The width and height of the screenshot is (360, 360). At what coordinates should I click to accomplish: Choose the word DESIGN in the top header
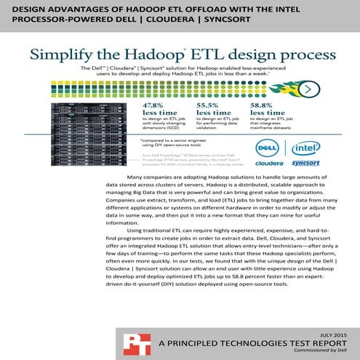click(x=25, y=9)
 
